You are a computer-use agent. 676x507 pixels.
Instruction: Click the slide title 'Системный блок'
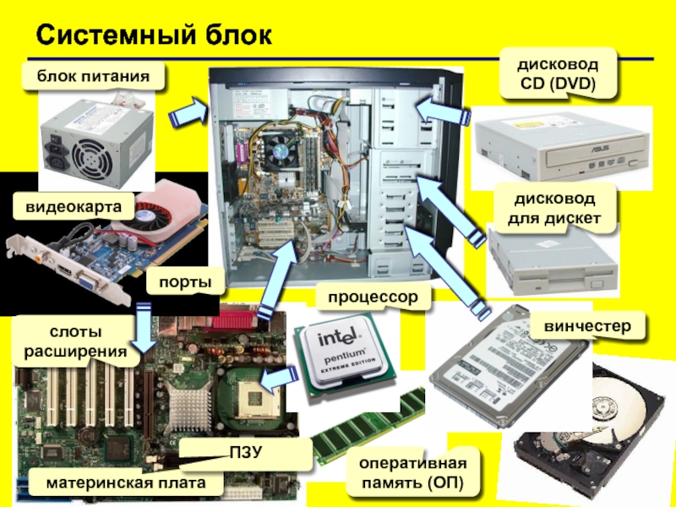[x=154, y=35]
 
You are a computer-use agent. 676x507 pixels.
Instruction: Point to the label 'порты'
[x=178, y=283]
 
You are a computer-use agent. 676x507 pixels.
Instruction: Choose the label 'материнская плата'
[x=127, y=483]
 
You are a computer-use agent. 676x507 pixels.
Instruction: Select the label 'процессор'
[x=373, y=298]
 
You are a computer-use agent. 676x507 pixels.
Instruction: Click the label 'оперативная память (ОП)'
[x=412, y=474]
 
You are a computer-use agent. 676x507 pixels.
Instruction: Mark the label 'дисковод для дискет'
[x=554, y=210]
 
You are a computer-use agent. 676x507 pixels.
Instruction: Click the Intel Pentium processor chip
[x=343, y=353]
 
